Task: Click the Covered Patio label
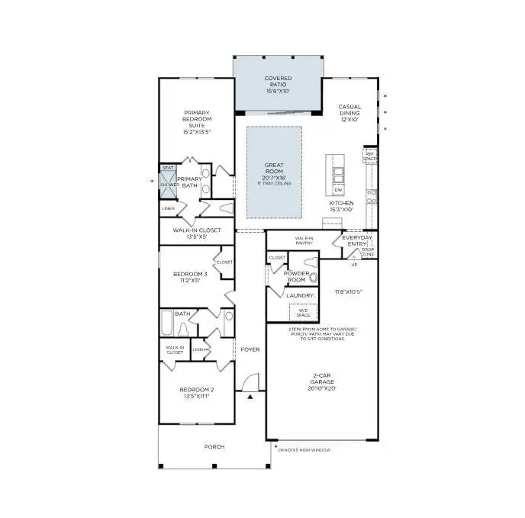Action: pos(278,84)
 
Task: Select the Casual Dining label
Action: pos(349,113)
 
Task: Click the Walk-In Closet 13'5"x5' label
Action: pos(196,233)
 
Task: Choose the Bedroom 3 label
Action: pos(189,277)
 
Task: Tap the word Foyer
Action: pos(250,350)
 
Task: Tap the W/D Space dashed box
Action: pos(303,312)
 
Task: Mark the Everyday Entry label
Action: pos(357,240)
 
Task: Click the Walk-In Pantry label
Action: pos(299,240)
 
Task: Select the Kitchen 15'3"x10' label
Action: pos(341,206)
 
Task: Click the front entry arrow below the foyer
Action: pos(250,397)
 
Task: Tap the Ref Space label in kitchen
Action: pos(369,156)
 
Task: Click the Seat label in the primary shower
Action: pos(167,168)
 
